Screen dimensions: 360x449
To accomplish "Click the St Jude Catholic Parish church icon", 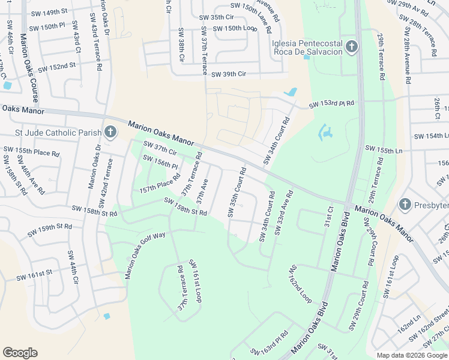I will coord(110,132).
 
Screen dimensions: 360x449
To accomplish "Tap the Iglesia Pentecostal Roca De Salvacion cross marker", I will coord(352,46).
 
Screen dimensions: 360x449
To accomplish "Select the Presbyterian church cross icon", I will coord(405,205).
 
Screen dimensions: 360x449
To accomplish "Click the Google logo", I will coord(20,353).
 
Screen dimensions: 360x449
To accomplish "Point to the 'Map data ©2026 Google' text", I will coord(412,355).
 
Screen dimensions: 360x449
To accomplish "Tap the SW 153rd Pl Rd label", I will coord(331,104).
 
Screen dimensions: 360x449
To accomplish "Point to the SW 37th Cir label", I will coord(160,148).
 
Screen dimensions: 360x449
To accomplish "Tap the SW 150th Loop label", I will coord(234,28).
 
